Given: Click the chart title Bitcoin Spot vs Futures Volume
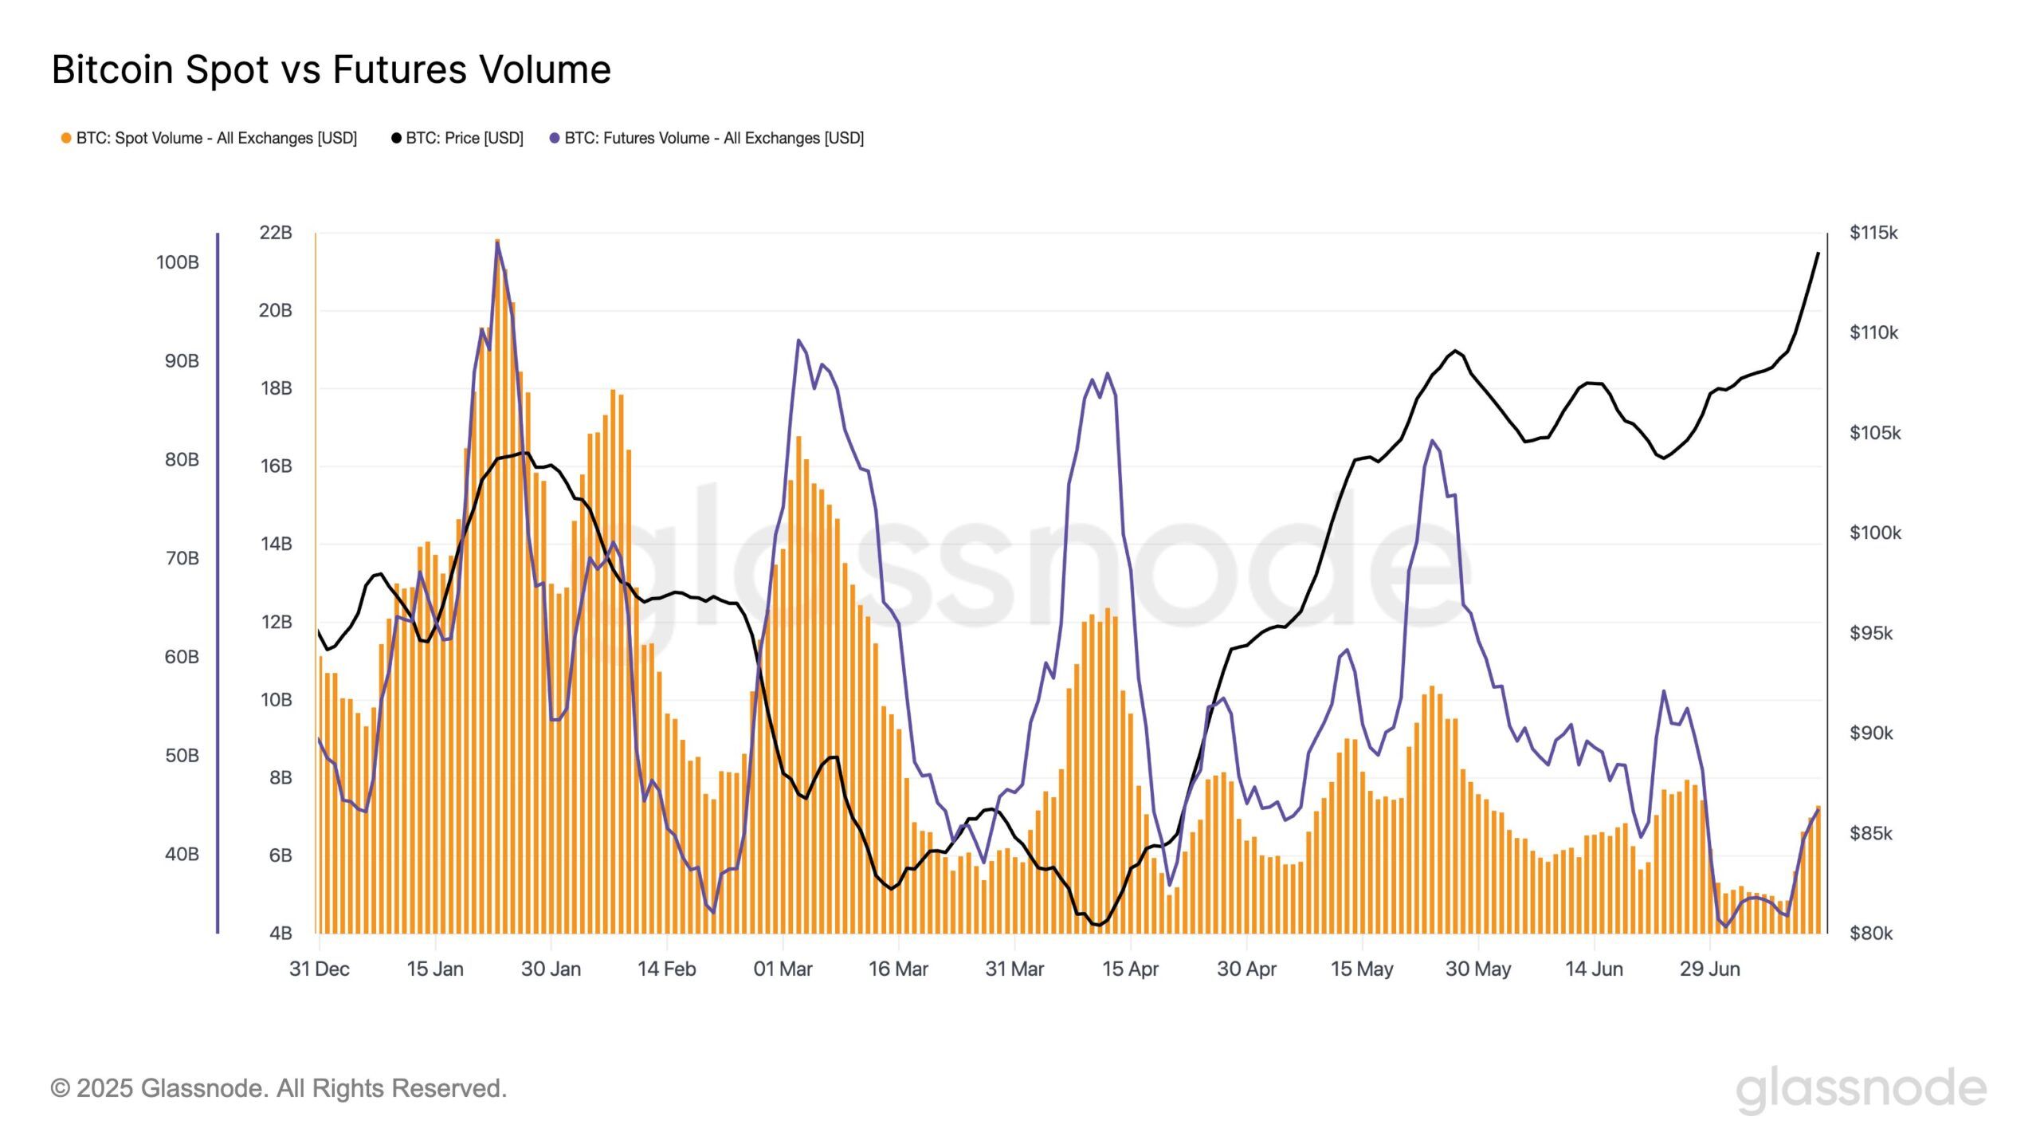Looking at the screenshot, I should (331, 69).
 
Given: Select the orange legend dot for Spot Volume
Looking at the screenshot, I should (66, 138).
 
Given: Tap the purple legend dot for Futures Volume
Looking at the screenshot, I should (555, 138).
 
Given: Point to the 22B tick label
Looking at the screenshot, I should (276, 233).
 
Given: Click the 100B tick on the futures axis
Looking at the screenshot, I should (177, 262).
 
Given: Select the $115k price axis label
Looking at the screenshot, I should (1873, 233).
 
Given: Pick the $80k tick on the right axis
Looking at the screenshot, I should (1870, 933).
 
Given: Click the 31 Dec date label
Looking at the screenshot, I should (320, 969).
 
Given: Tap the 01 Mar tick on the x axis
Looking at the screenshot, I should (783, 969).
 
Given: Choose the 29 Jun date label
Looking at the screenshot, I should (1709, 969).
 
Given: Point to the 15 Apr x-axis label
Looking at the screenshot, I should (1130, 969).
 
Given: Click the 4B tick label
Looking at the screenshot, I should (280, 933).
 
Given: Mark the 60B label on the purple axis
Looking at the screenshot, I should (182, 657).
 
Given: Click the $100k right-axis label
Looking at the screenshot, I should (1875, 533).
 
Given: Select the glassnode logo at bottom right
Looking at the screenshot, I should (1861, 1088).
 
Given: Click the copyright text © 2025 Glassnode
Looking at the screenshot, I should (279, 1088).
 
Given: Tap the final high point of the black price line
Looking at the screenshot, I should (1818, 253).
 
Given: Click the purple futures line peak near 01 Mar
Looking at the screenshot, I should (798, 340).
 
